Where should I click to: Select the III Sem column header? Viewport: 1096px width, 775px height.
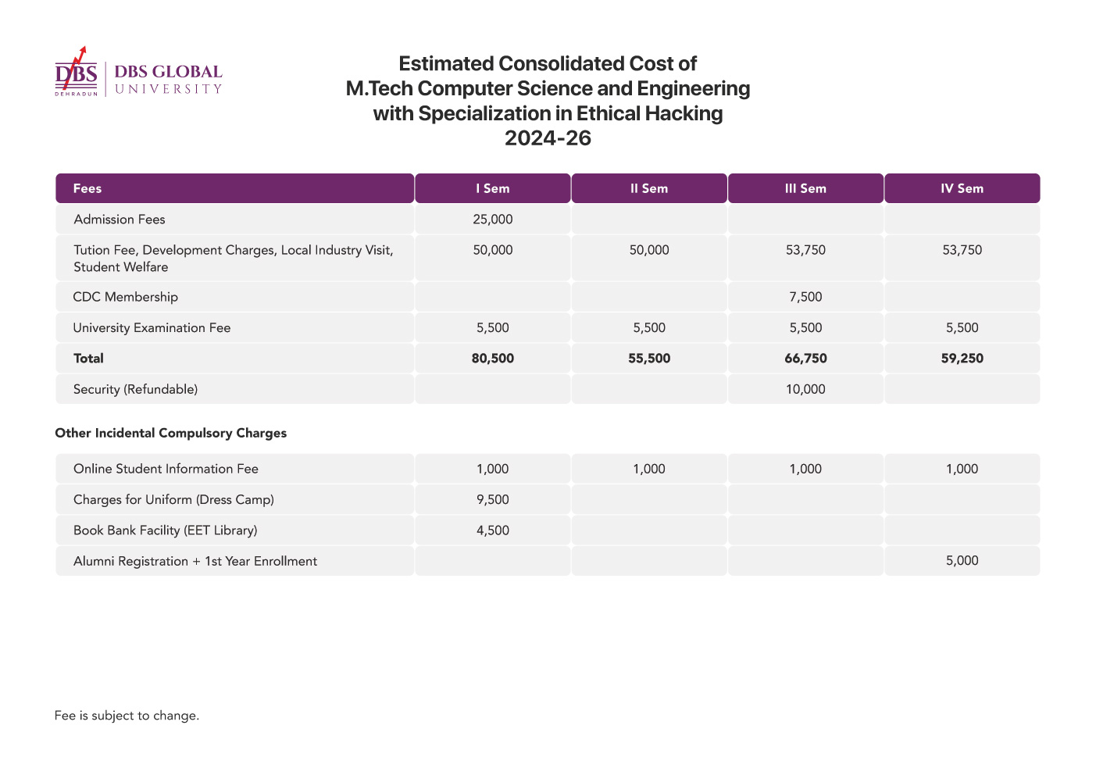[805, 188]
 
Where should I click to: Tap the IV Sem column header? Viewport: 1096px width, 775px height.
[962, 188]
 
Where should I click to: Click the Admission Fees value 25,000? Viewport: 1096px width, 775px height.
[493, 220]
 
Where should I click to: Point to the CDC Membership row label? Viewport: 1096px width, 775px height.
[125, 297]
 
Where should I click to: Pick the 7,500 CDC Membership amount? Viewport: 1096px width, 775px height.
[805, 297]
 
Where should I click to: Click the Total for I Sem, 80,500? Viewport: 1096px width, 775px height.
[493, 358]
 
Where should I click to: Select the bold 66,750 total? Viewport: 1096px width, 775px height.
[805, 358]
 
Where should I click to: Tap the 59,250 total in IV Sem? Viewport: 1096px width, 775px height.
[962, 358]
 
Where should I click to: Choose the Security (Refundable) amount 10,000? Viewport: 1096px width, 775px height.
[805, 389]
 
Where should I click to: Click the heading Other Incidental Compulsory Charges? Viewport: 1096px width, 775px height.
[171, 433]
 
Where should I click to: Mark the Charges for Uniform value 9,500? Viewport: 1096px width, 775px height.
[493, 499]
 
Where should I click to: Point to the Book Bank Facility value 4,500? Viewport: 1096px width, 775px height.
[493, 530]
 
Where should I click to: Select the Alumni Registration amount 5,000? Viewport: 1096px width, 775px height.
[962, 561]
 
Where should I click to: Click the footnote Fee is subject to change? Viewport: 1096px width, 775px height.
[127, 716]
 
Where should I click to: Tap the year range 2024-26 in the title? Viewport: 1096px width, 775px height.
[548, 138]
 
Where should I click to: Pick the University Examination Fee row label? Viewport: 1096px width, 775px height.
[152, 328]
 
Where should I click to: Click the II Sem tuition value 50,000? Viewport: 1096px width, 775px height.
[649, 250]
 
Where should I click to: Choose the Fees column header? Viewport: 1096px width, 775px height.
[87, 188]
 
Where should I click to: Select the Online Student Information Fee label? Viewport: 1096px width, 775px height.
[166, 469]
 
